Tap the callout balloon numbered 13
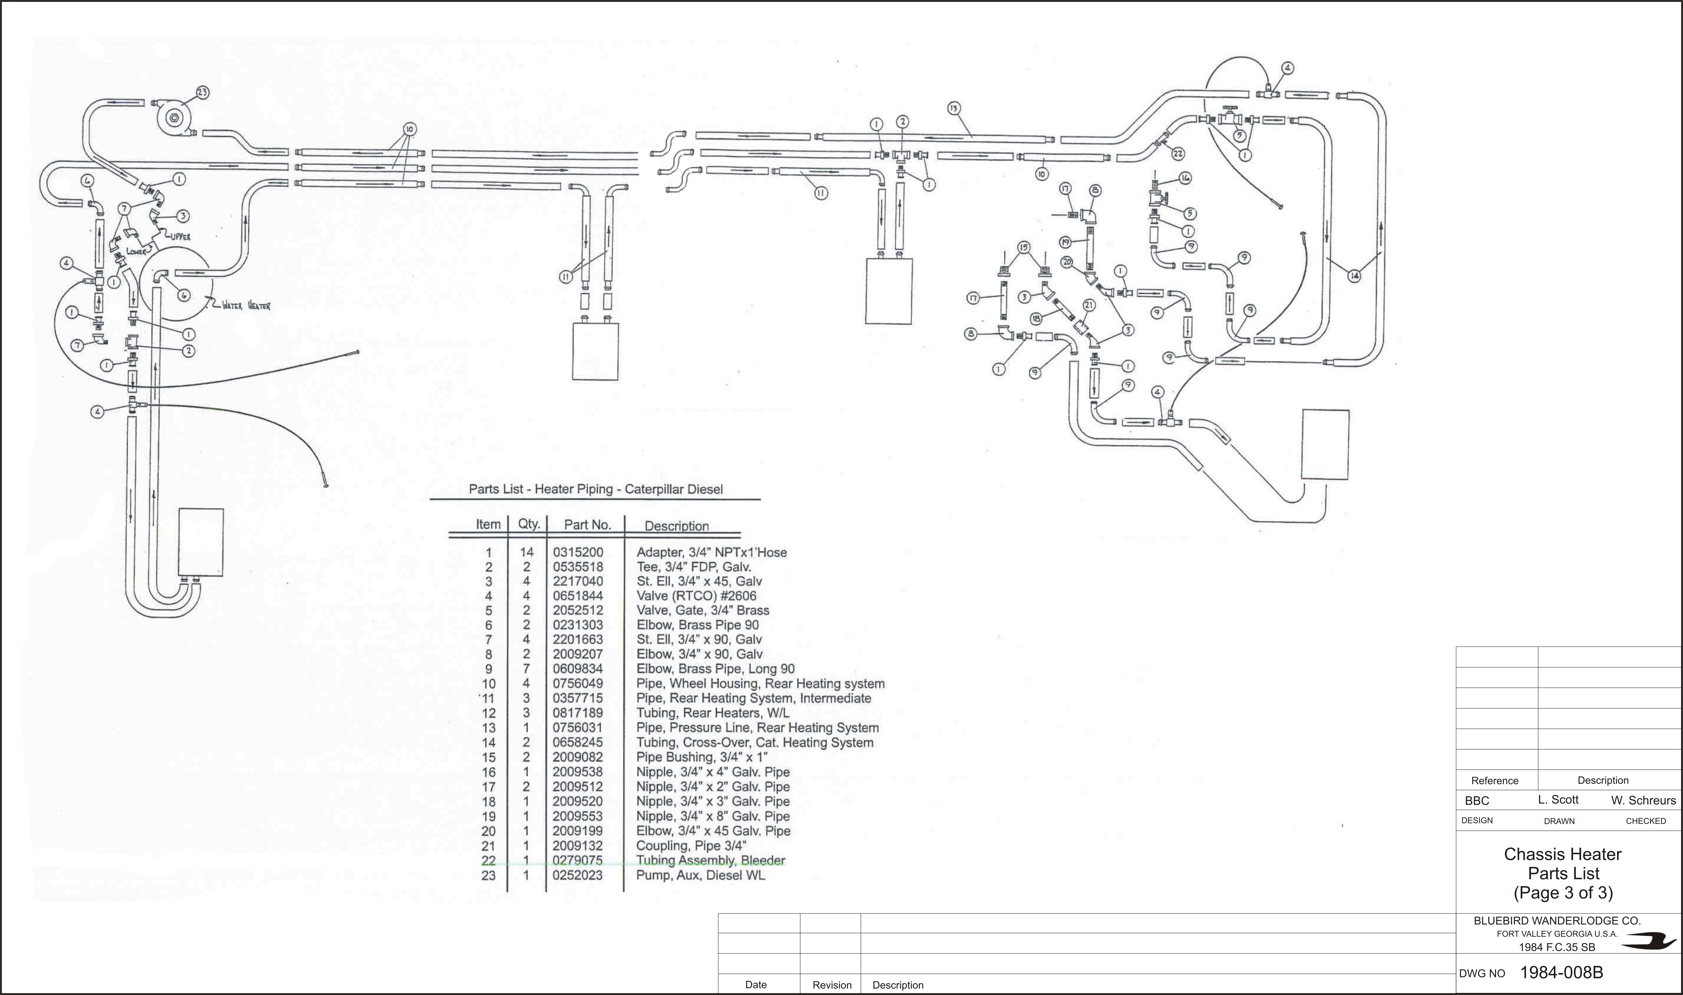[954, 108]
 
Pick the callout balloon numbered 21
[1089, 305]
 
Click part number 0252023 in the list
[578, 875]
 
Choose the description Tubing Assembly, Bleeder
[710, 860]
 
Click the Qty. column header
[529, 524]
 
